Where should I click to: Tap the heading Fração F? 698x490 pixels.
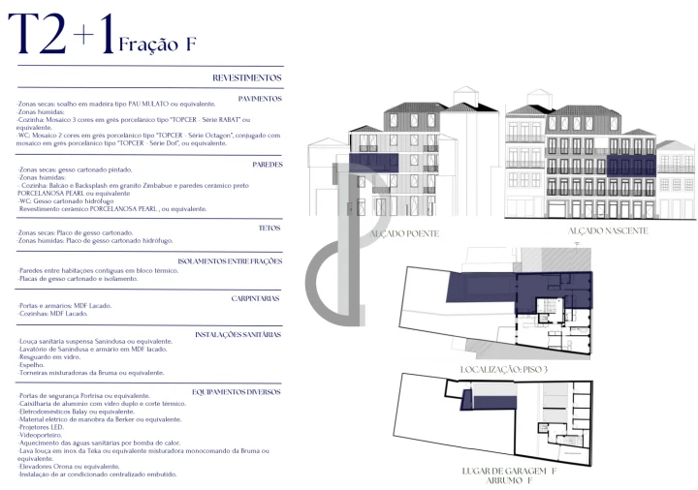tap(157, 44)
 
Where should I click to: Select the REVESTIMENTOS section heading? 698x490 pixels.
tap(246, 77)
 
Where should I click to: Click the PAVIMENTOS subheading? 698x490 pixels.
tap(260, 99)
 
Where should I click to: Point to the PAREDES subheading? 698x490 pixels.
tap(267, 165)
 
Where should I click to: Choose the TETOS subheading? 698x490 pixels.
tap(270, 228)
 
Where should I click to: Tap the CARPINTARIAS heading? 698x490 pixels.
tap(256, 298)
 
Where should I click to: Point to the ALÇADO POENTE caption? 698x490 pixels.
tap(398, 233)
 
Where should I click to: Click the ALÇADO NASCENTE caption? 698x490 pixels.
tap(607, 230)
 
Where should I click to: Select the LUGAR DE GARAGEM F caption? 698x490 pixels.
tap(511, 470)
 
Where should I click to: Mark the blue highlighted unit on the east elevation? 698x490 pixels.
tap(631, 165)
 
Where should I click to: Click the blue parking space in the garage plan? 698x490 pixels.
tap(466, 399)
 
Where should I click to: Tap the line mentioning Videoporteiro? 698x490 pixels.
tap(40, 436)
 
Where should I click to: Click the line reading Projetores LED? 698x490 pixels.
tap(42, 427)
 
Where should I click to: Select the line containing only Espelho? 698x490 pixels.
tap(33, 365)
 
